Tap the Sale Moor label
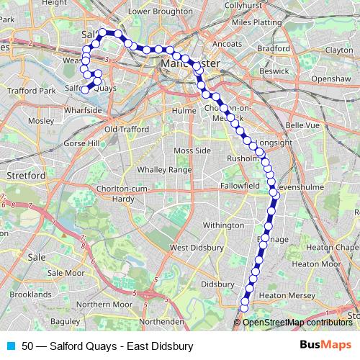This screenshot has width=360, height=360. click(x=66, y=273)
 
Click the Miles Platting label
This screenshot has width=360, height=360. click(x=257, y=22)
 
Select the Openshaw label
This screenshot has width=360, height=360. click(x=330, y=78)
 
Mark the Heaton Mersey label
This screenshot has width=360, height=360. click(x=284, y=295)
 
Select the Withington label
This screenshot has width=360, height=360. click(x=223, y=225)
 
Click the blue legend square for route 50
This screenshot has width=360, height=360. click(x=9, y=346)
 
